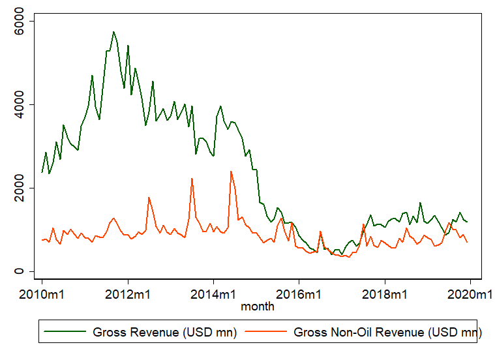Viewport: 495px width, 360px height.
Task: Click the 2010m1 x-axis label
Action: tap(42, 295)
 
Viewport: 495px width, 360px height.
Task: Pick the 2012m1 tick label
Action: tap(128, 295)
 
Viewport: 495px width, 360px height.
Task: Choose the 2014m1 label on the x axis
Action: tap(213, 295)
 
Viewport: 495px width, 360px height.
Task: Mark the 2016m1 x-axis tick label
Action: tap(299, 295)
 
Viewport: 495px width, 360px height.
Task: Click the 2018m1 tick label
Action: tap(385, 295)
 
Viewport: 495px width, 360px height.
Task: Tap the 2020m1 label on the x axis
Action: tap(470, 295)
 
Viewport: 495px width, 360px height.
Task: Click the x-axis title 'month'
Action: tap(257, 306)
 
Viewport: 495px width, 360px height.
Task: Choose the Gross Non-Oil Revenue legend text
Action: tap(384, 332)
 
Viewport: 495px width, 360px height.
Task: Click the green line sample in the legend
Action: tap(65, 332)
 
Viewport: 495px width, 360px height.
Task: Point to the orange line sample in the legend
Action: tap(266, 332)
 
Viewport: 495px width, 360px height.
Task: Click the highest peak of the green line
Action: tap(113, 31)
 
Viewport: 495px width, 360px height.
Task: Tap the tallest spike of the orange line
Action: tap(231, 172)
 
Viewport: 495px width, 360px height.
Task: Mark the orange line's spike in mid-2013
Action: tap(192, 179)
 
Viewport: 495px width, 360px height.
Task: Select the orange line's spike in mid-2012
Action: tap(149, 197)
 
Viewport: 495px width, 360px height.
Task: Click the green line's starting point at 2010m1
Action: tap(42, 172)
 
